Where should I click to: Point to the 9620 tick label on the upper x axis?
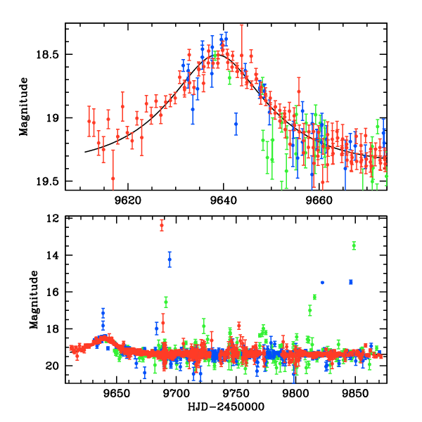click(x=127, y=199)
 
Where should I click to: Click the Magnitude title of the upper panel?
click(x=24, y=105)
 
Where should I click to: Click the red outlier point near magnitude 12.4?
click(x=162, y=226)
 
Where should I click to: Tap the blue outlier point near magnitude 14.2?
click(x=170, y=260)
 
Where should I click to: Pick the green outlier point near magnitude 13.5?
click(x=354, y=245)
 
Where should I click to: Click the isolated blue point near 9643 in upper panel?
click(x=236, y=123)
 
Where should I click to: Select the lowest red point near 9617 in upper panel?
click(x=113, y=179)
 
